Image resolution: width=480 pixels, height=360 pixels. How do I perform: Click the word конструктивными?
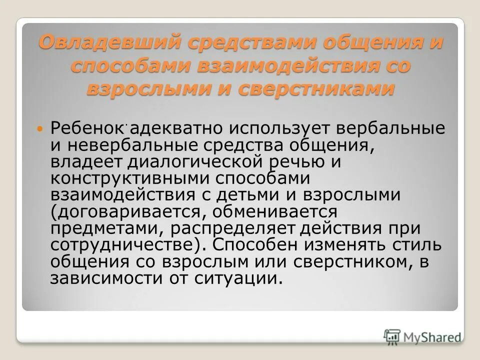pos(136,178)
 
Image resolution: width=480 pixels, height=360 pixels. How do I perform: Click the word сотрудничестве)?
pos(128,245)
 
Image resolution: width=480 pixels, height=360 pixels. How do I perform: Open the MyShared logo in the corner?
pos(422,336)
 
